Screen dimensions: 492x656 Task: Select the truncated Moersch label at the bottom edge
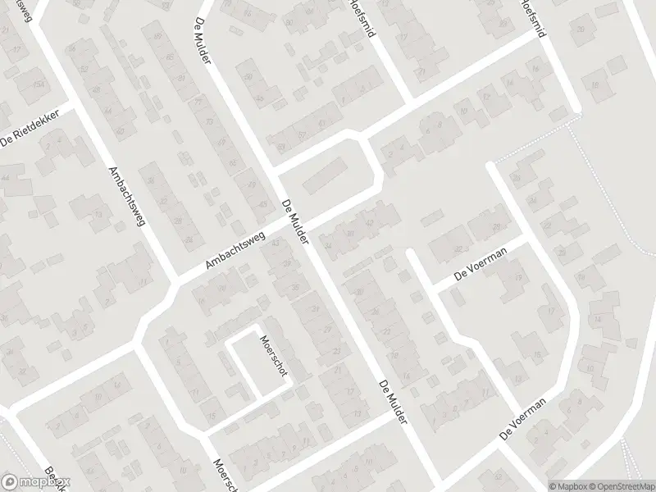coord(225,474)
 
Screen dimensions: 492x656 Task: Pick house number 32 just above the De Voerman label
coord(458,249)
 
